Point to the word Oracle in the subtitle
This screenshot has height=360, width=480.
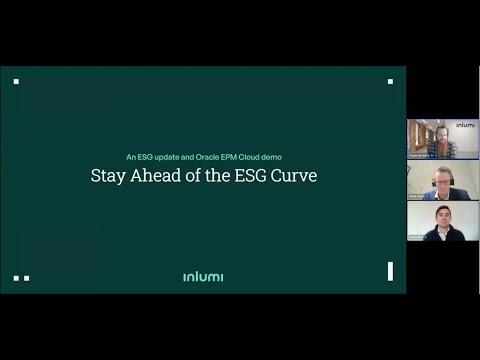[224, 157]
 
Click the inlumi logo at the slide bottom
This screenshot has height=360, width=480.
[203, 276]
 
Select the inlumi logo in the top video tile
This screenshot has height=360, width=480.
[465, 126]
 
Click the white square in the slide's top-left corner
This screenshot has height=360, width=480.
[17, 81]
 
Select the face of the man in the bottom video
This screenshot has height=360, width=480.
[443, 218]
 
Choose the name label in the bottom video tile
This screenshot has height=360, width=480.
[415, 238]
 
